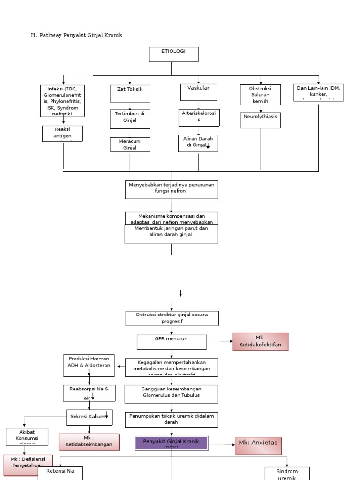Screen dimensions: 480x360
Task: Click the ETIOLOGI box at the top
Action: click(173, 54)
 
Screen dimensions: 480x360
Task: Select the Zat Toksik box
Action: click(130, 93)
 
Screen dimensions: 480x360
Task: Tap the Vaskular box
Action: click(198, 92)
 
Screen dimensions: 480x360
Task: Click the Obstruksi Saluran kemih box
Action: click(260, 95)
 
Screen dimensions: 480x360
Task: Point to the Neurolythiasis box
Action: click(261, 120)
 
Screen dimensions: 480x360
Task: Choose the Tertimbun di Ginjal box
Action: click(130, 119)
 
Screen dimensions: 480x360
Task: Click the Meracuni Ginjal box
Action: click(130, 144)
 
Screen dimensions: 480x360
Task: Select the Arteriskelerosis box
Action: click(198, 118)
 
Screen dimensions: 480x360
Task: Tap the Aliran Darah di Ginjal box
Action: click(198, 143)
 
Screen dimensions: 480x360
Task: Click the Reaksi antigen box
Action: click(62, 133)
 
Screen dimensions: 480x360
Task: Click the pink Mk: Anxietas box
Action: click(258, 446)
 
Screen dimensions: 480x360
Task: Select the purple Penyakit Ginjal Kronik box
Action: click(171, 442)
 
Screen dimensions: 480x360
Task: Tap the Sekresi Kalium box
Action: click(89, 417)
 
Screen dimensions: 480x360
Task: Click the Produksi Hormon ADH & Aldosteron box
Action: click(89, 365)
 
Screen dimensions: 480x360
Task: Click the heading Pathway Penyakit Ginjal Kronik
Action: click(76, 35)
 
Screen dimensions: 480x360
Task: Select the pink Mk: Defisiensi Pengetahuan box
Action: click(28, 465)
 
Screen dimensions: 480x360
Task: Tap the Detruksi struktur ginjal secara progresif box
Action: click(172, 318)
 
